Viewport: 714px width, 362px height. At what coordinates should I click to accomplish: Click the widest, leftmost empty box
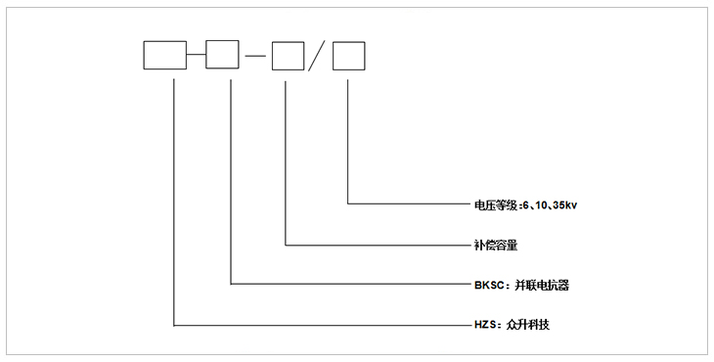(164, 56)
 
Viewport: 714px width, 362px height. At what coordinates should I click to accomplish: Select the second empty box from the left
(222, 56)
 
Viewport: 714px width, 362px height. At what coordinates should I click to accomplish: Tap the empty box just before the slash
(288, 58)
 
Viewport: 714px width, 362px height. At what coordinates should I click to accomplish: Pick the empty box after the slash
(348, 58)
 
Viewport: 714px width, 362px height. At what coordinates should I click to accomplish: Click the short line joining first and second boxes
(196, 56)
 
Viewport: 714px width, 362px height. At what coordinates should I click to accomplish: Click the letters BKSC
(480, 286)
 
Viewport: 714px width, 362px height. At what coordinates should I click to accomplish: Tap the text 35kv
(566, 205)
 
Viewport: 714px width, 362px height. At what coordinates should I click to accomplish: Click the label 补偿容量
(486, 245)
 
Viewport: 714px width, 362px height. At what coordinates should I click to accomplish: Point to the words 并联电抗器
(537, 286)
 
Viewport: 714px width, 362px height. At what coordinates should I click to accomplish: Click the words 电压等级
(486, 205)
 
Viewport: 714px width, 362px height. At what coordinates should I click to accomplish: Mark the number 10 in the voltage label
(541, 205)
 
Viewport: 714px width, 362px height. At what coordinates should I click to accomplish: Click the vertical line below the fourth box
(348, 137)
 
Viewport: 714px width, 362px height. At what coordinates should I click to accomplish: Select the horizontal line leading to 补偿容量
(372, 245)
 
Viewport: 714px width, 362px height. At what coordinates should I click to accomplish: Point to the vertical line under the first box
(174, 196)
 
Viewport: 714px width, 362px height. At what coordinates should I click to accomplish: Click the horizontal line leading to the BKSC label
(342, 285)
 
